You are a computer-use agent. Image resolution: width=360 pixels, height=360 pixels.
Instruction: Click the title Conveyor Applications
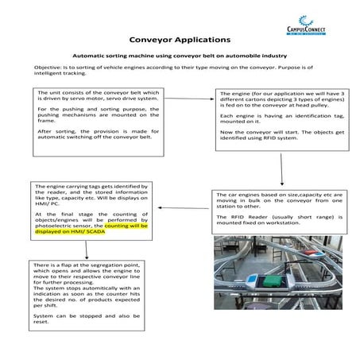click(180, 39)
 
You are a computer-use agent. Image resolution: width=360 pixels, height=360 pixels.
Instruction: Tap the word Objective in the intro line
click(48, 69)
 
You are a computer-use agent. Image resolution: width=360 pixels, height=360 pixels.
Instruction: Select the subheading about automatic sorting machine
click(179, 56)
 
